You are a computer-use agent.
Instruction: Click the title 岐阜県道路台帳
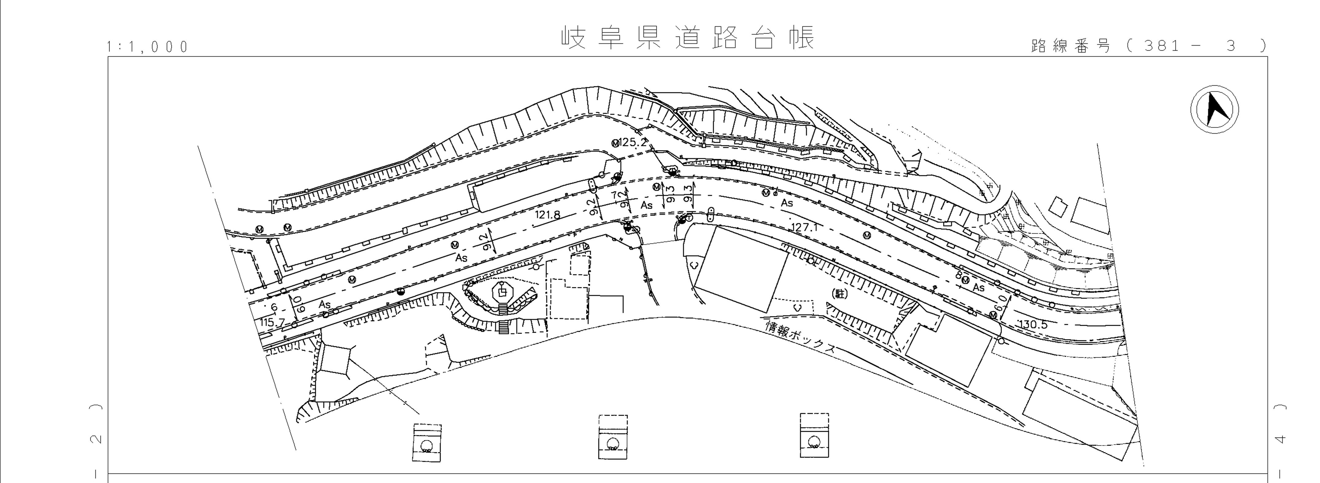click(x=688, y=38)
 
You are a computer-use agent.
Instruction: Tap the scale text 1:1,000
click(x=148, y=47)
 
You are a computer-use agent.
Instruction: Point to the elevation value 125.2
click(x=633, y=143)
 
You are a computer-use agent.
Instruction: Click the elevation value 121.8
click(x=547, y=215)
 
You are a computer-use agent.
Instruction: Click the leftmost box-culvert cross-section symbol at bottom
click(x=427, y=442)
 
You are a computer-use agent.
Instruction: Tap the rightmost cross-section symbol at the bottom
click(x=814, y=435)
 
